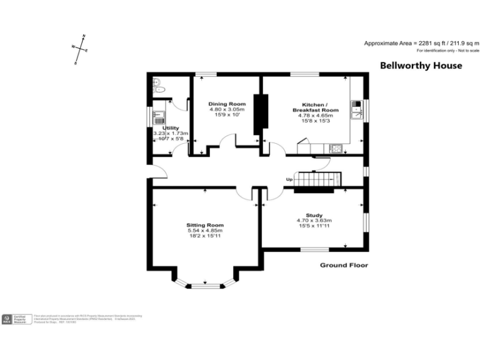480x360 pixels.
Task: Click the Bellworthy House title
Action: (x=421, y=66)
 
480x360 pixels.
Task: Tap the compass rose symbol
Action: (x=79, y=49)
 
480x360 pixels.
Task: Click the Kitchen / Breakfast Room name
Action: (x=316, y=106)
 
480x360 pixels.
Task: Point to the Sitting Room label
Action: (x=204, y=225)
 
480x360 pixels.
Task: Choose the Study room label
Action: (x=314, y=214)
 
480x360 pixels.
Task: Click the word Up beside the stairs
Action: (x=289, y=180)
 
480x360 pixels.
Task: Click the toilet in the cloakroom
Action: (x=157, y=84)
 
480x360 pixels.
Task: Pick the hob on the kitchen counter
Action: (x=336, y=149)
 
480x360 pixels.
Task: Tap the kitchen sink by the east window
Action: (x=357, y=109)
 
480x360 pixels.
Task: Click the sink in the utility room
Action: (x=159, y=115)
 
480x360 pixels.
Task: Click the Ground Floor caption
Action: (x=344, y=265)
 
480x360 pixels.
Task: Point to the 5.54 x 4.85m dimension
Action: (x=204, y=231)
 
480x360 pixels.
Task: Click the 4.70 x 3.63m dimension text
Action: (x=314, y=221)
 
